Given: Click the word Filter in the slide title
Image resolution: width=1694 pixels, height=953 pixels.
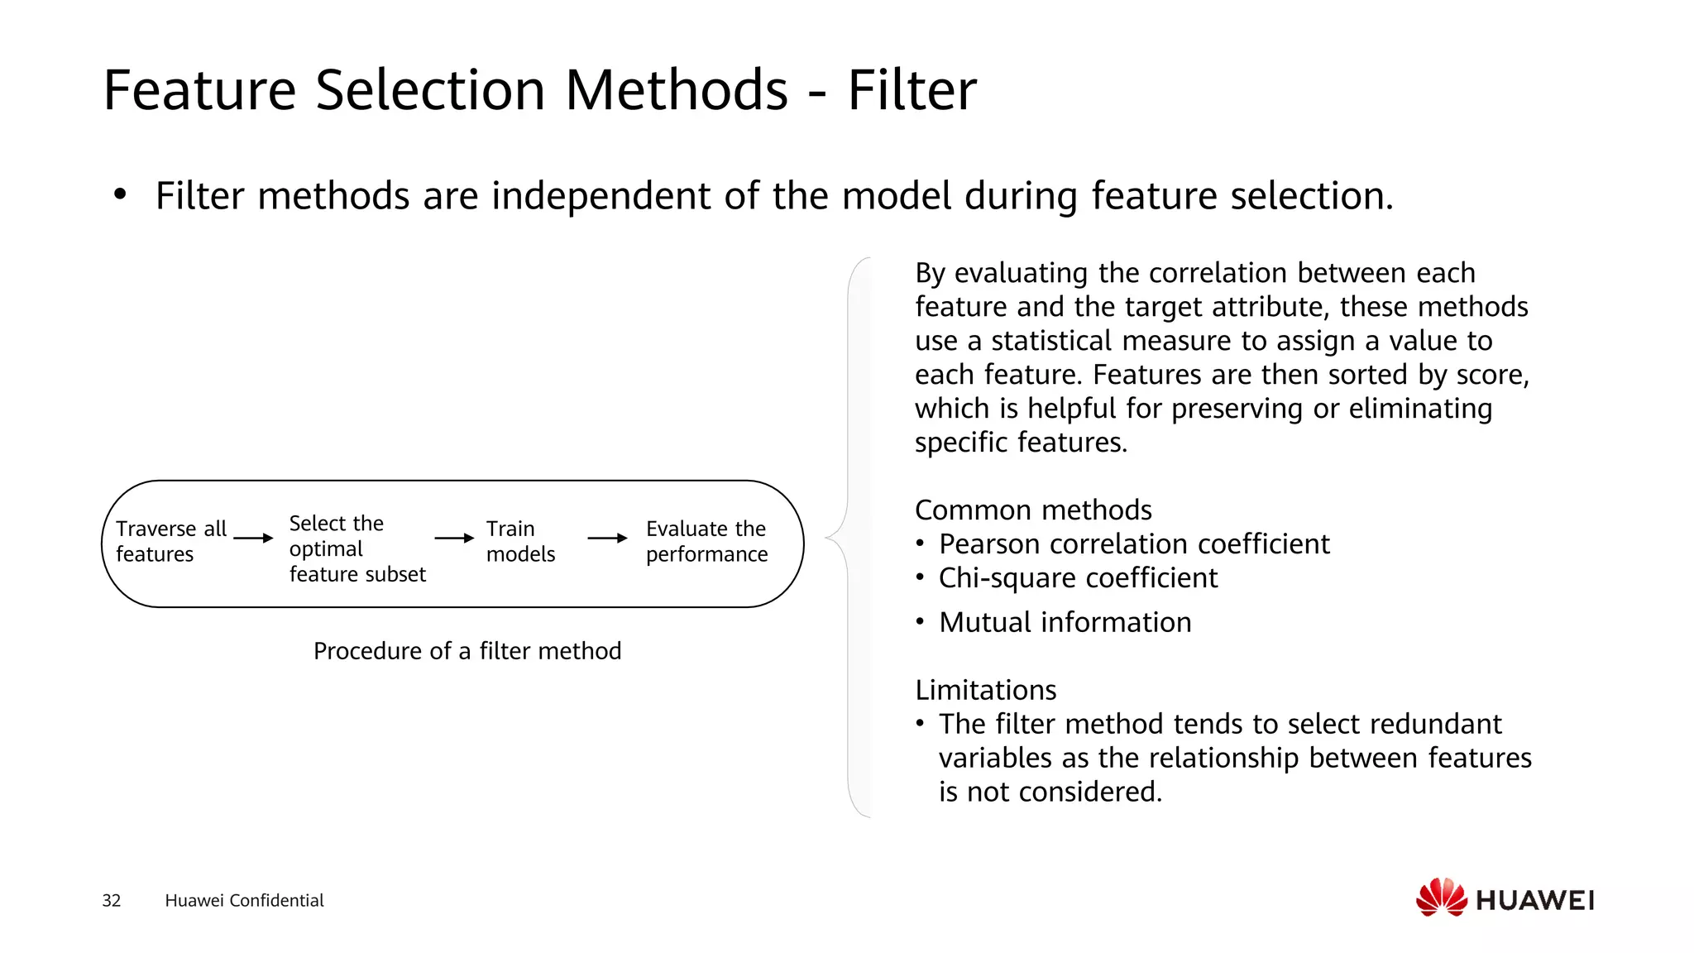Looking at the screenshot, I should [x=912, y=90].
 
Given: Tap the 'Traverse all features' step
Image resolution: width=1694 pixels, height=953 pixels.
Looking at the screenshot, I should [x=170, y=541].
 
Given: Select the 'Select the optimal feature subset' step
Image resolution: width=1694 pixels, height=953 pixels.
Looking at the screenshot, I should [x=357, y=548].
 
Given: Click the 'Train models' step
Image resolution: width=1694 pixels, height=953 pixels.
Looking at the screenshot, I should [x=520, y=541].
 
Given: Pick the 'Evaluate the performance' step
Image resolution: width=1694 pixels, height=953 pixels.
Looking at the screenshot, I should [x=706, y=541].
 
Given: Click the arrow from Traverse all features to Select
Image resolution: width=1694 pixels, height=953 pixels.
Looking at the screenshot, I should [x=253, y=538].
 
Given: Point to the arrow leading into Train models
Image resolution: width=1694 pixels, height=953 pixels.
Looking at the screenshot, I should [x=454, y=538].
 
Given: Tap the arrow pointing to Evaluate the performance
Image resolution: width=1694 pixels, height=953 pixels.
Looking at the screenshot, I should [x=607, y=538].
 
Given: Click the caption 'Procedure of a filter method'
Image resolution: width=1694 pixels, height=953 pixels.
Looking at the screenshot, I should [x=467, y=651].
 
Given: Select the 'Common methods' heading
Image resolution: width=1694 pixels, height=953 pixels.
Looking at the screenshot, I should [x=1033, y=510].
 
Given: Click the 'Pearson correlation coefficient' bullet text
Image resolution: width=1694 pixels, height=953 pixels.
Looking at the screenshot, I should [x=1134, y=544].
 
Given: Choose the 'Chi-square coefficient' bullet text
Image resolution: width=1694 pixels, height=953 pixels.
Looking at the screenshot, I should [x=1078, y=577].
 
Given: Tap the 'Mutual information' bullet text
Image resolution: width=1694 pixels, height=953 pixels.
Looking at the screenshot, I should [x=1065, y=622].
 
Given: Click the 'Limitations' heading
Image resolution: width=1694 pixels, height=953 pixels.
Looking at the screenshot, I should [x=985, y=690].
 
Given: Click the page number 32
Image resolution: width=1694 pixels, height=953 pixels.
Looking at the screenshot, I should [x=112, y=900].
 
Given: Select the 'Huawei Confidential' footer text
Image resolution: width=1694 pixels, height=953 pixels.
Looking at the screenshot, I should [x=244, y=900].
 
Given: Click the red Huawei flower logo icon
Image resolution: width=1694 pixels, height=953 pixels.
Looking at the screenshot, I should [x=1441, y=898].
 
